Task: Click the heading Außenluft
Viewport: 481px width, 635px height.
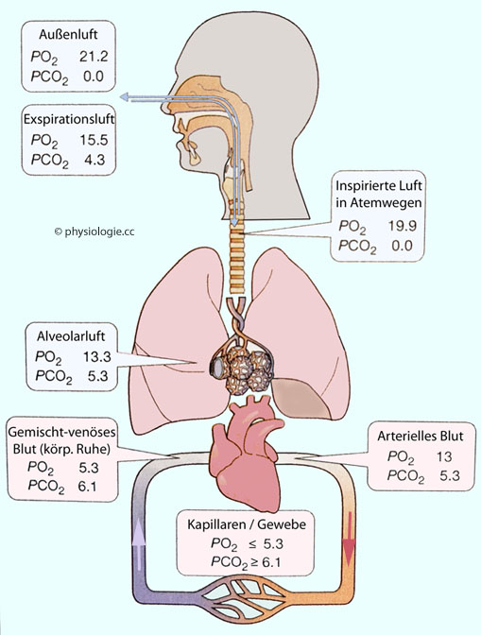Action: pyautogui.click(x=68, y=34)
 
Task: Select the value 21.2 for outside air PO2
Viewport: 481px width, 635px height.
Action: pyautogui.click(x=94, y=57)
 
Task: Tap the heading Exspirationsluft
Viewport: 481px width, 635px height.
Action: pyautogui.click(x=69, y=119)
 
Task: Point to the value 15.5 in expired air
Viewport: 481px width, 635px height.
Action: pyautogui.click(x=94, y=140)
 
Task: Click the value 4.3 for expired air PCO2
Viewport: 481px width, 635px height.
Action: pyautogui.click(x=94, y=160)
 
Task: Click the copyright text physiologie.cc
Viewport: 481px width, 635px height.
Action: pyautogui.click(x=94, y=232)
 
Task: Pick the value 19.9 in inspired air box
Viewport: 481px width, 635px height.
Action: pyautogui.click(x=403, y=226)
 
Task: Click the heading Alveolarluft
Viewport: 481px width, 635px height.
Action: pyautogui.click(x=71, y=336)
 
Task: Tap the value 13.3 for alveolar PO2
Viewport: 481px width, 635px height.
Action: pyautogui.click(x=97, y=356)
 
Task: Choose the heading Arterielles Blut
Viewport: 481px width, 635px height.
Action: pyautogui.click(x=421, y=437)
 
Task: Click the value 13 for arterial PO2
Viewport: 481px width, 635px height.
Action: pyautogui.click(x=444, y=456)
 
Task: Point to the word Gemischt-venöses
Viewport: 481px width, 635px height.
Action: pyautogui.click(x=62, y=432)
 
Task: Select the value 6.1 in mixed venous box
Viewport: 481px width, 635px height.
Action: pyautogui.click(x=87, y=485)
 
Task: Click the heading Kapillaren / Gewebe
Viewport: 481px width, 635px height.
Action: pyautogui.click(x=247, y=524)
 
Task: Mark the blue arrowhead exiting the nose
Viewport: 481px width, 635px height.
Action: pyautogui.click(x=125, y=96)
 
